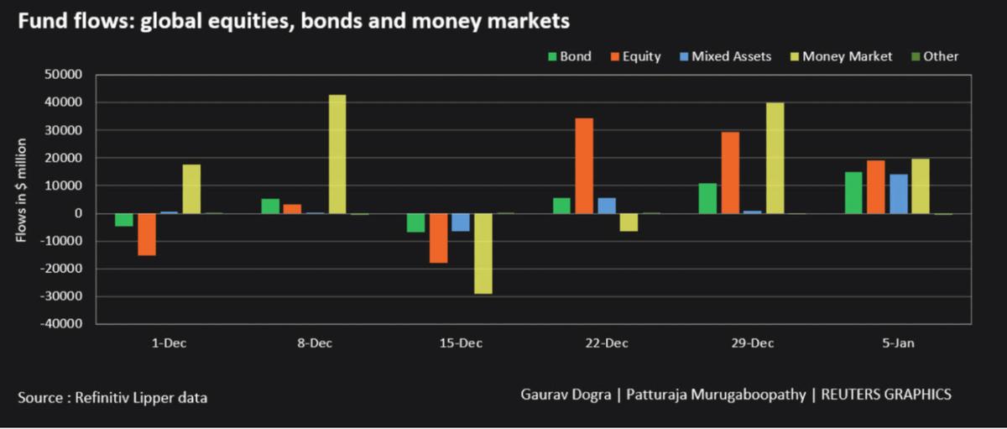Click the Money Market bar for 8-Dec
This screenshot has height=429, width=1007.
(337, 154)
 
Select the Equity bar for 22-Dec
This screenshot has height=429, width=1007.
(584, 166)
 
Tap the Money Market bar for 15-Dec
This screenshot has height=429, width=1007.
(483, 254)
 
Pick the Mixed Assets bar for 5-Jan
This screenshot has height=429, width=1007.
(899, 194)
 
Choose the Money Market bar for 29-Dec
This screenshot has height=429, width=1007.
(775, 158)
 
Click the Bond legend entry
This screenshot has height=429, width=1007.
(570, 57)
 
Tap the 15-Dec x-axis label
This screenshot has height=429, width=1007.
(460, 344)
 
